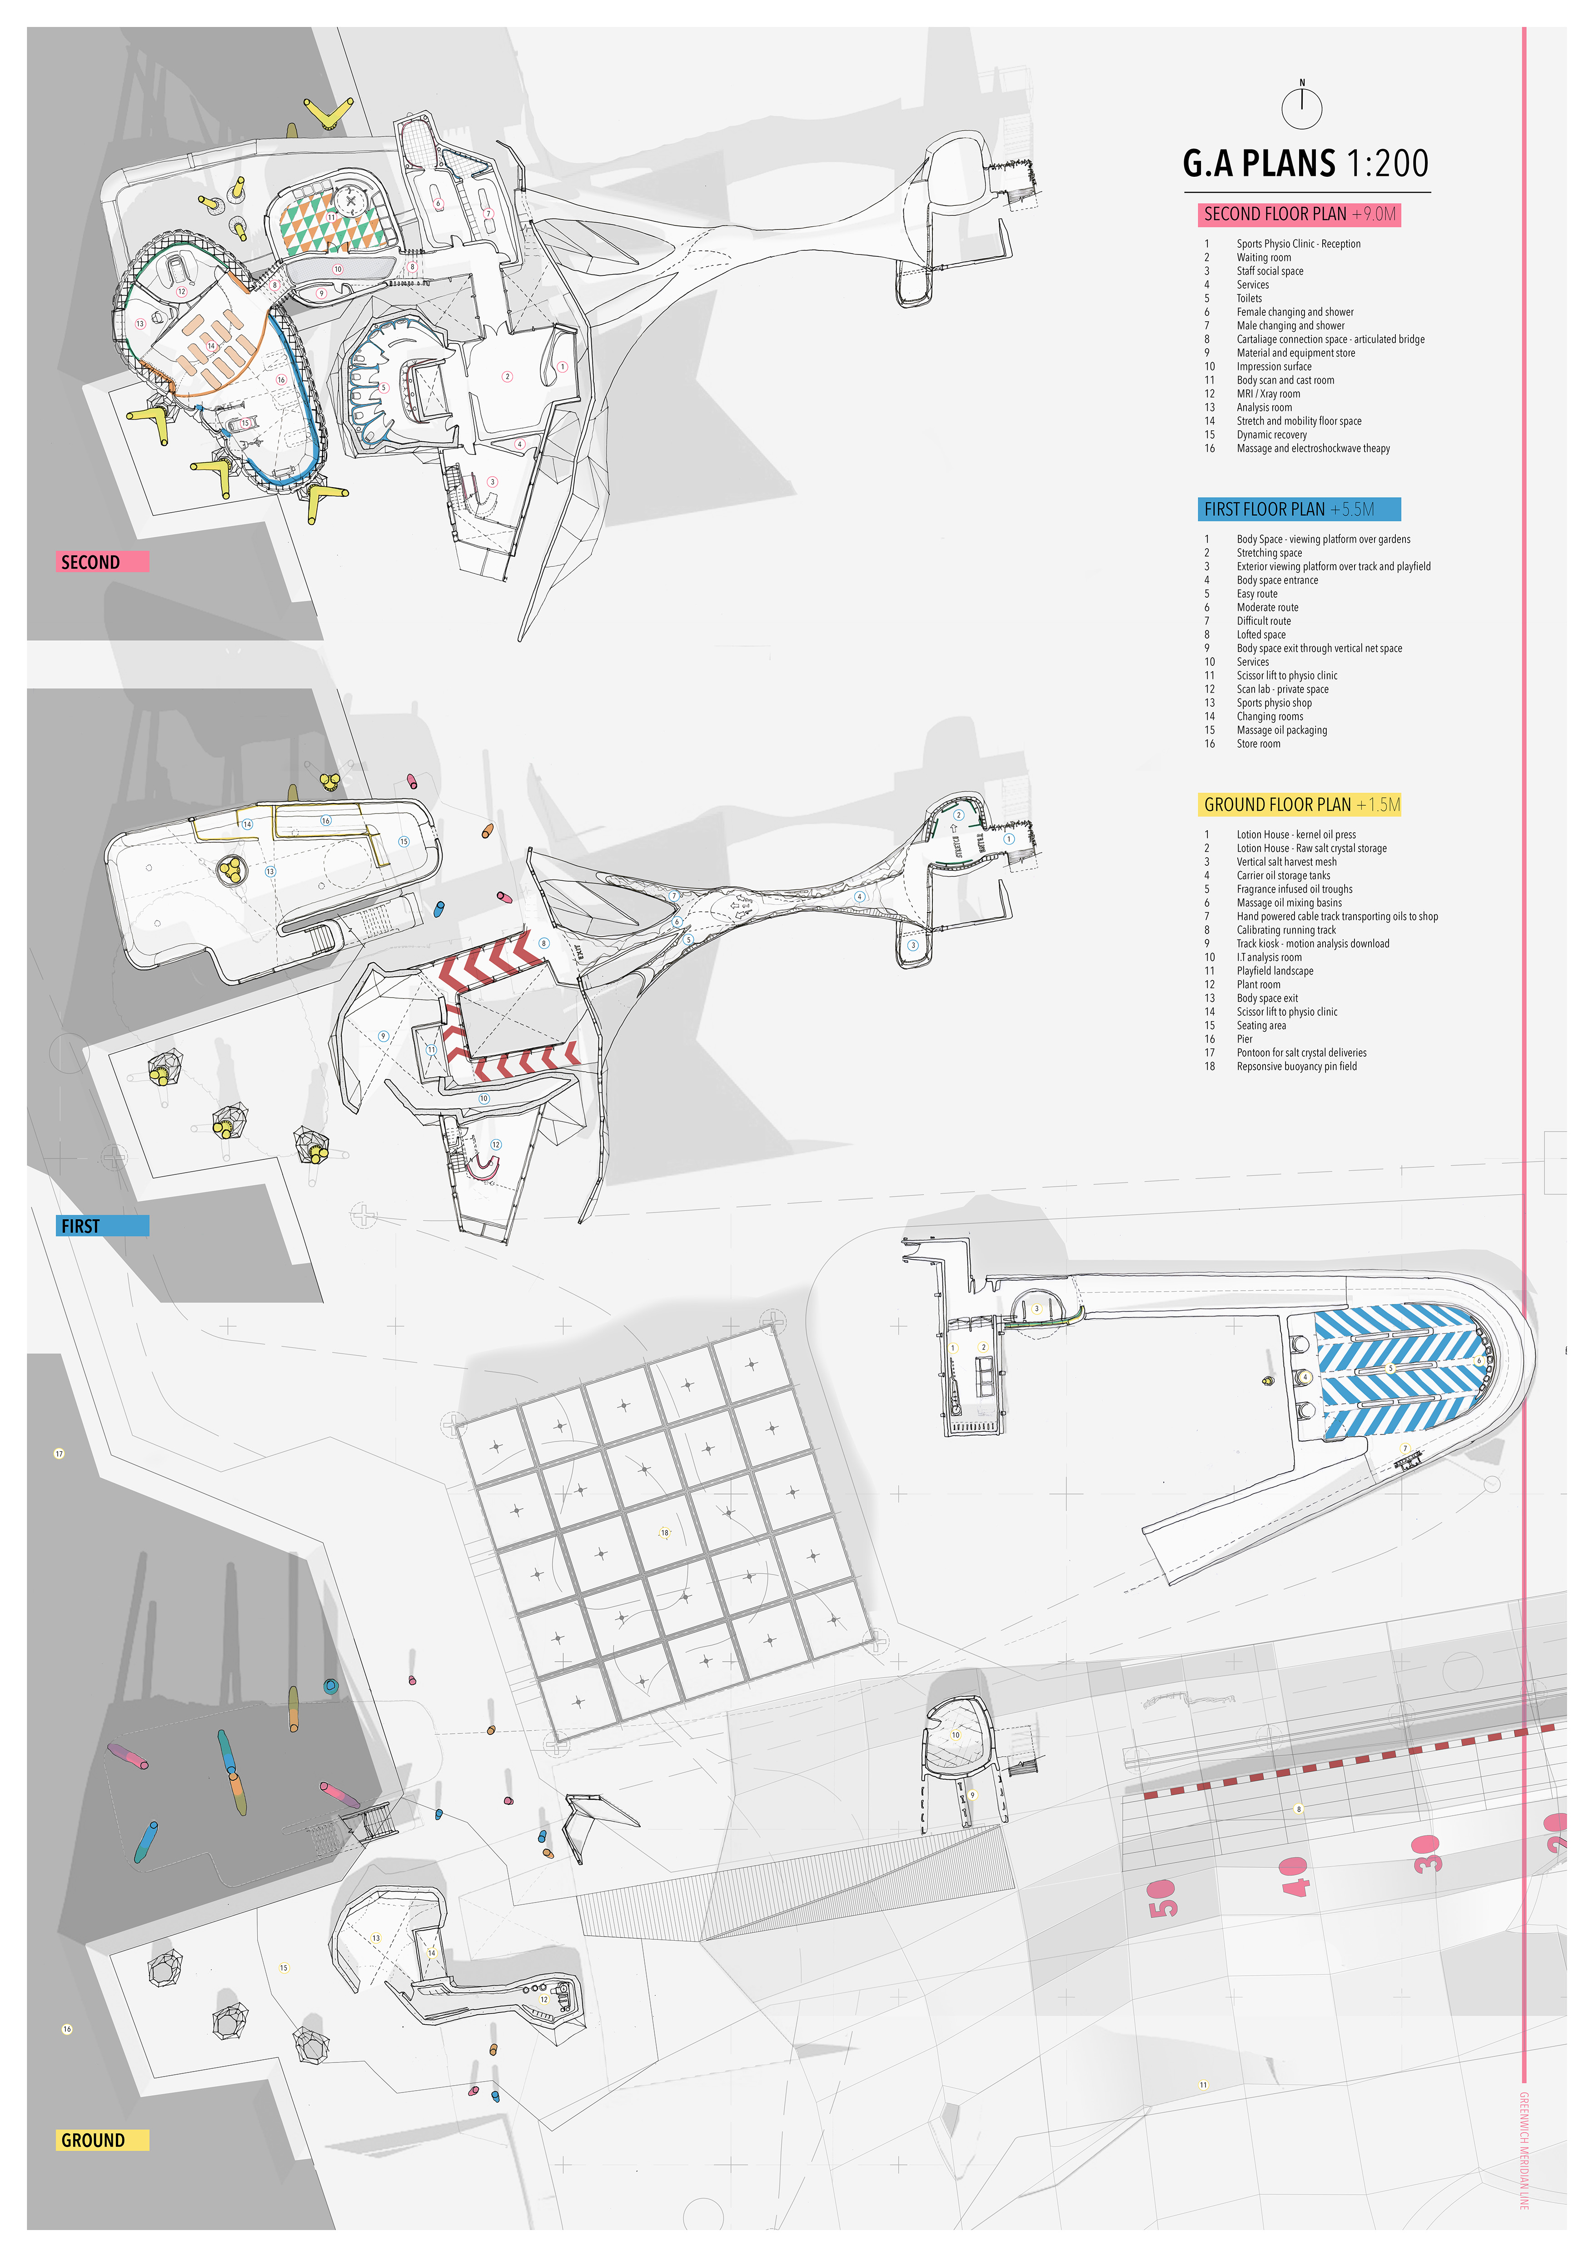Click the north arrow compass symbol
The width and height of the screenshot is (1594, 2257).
point(1302,106)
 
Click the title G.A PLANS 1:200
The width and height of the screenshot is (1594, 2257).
point(1305,163)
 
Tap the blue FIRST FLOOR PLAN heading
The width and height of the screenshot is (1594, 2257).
point(1298,509)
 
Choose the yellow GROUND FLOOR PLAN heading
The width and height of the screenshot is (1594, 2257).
point(1298,804)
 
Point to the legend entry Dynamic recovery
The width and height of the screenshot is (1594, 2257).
point(1272,434)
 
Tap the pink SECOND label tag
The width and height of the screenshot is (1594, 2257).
point(102,561)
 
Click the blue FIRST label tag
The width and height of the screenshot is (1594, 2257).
point(102,1225)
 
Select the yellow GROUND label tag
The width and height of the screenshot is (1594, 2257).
point(102,2140)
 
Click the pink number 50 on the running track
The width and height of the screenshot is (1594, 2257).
point(1161,1897)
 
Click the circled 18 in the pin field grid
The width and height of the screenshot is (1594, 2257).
point(664,1533)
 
